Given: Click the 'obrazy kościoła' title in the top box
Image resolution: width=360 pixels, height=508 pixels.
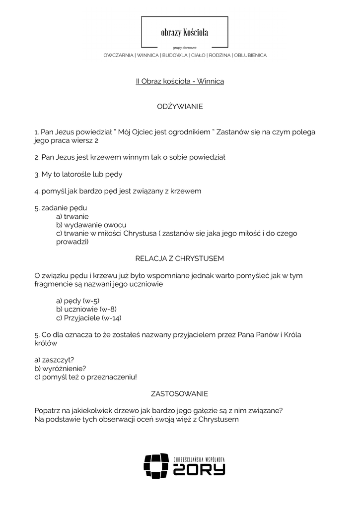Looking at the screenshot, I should pyautogui.click(x=184, y=33).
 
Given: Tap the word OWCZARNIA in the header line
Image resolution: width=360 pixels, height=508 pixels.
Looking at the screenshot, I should pyautogui.click(x=119, y=55).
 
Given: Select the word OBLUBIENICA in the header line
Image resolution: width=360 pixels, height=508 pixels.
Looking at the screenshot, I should pyautogui.click(x=250, y=55).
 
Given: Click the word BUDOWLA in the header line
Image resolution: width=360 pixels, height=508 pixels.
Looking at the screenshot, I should pyautogui.click(x=175, y=55).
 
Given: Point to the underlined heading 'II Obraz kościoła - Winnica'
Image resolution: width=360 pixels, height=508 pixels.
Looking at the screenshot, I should pyautogui.click(x=180, y=81).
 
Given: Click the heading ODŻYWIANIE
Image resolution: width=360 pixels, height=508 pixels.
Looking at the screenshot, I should pyautogui.click(x=180, y=107).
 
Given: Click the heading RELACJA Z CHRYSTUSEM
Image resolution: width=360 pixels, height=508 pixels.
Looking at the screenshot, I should pyautogui.click(x=180, y=258).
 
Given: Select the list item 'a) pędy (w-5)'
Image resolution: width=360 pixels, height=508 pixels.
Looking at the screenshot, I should pyautogui.click(x=78, y=301).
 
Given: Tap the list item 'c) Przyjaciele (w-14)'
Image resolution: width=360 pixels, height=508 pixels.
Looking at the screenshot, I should pyautogui.click(x=89, y=317).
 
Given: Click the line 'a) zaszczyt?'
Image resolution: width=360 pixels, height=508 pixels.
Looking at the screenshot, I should pyautogui.click(x=58, y=360).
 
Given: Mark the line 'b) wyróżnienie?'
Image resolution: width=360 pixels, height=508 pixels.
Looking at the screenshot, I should pyautogui.click(x=61, y=368).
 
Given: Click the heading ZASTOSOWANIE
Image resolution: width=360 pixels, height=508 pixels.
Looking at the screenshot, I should pyautogui.click(x=180, y=393).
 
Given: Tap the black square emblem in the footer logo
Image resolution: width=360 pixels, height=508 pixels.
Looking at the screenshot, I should pyautogui.click(x=156, y=466).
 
